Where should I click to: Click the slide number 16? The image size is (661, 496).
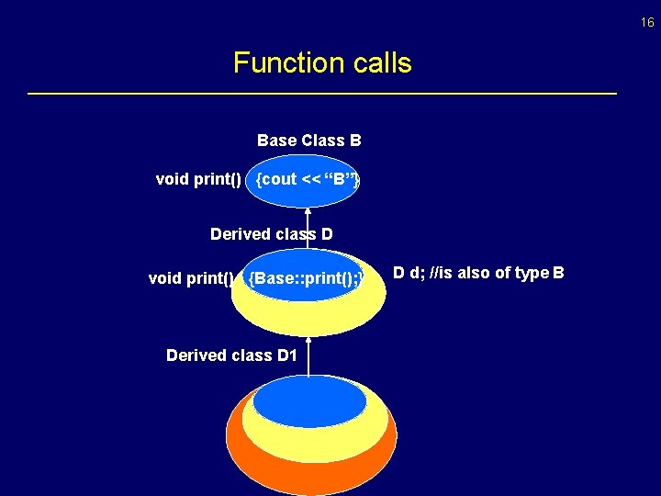tap(648, 22)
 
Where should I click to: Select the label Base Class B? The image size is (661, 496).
tap(308, 141)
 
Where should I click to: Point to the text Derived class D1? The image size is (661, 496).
tap(231, 355)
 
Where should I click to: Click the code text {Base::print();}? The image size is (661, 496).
tap(307, 277)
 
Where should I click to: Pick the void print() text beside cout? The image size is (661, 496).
tap(198, 179)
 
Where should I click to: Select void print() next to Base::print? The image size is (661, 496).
tap(190, 278)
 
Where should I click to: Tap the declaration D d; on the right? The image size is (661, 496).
tap(409, 272)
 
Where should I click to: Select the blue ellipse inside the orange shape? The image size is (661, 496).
tap(309, 400)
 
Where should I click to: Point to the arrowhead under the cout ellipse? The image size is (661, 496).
tap(308, 212)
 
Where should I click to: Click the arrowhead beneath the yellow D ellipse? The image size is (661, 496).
tap(308, 341)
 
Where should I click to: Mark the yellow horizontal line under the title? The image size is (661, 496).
tap(322, 94)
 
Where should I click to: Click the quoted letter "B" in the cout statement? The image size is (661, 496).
tap(338, 180)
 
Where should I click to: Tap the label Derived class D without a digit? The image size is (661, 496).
tap(271, 234)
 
